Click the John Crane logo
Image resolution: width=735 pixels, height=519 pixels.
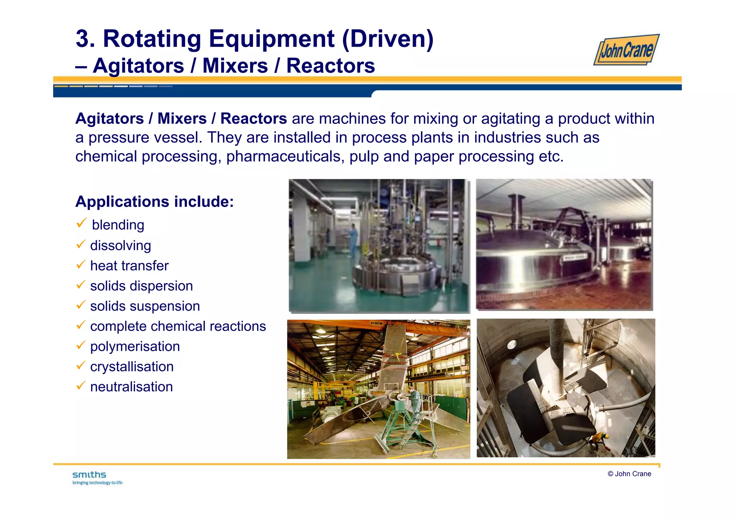click(626, 50)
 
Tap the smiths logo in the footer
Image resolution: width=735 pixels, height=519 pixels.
click(89, 475)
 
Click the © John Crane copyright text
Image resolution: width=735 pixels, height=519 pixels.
click(629, 474)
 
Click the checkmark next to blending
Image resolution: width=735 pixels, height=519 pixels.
click(81, 223)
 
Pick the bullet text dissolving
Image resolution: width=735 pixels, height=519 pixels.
click(121, 246)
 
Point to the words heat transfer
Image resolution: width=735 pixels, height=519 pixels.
click(129, 266)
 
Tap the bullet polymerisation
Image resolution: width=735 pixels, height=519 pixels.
click(135, 346)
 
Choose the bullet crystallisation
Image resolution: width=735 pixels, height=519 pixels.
click(132, 367)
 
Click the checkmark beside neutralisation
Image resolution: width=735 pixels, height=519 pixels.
click(81, 386)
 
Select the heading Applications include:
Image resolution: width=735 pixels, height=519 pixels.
click(154, 202)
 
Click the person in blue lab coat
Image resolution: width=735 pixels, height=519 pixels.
click(353, 239)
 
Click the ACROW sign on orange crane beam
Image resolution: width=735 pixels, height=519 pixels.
click(376, 324)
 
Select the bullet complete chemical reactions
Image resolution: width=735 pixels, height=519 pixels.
click(178, 326)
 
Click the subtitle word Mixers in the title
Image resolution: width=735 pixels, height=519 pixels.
click(235, 66)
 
